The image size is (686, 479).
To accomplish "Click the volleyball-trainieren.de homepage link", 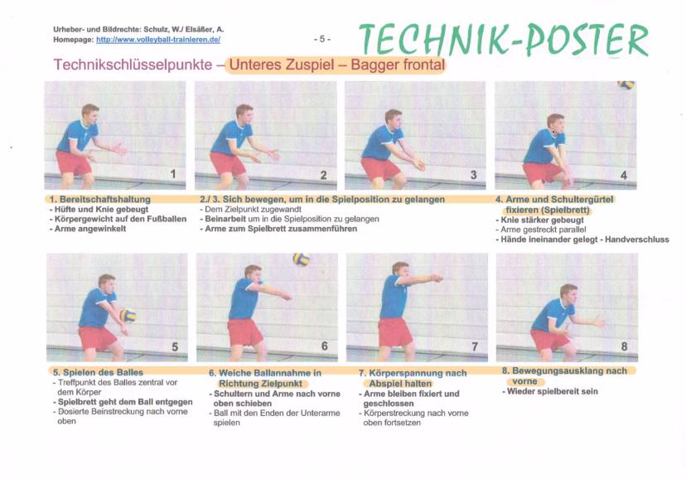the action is [x=158, y=40].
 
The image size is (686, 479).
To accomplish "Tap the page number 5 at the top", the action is [x=322, y=40].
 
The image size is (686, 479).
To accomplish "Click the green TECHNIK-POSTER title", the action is [x=503, y=40].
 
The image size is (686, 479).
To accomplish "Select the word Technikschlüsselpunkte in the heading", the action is [x=133, y=65].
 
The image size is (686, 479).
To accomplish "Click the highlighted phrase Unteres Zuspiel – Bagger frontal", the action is [x=337, y=65].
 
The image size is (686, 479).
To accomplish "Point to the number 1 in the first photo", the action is [x=173, y=174].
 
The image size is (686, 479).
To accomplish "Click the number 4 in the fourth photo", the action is [x=624, y=176].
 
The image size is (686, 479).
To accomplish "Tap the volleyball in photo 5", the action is [x=128, y=315].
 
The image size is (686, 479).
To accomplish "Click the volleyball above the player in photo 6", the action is [x=301, y=259].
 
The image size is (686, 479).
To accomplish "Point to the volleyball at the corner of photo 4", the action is [x=626, y=85].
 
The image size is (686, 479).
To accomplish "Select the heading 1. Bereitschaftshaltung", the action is [x=99, y=200].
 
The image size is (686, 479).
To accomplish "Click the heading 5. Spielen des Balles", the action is [x=99, y=373].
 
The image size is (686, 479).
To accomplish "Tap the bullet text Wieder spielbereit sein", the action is [x=552, y=391].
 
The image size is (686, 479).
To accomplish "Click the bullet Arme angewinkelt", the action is [x=90, y=229].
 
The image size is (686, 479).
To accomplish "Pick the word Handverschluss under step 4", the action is [x=637, y=239].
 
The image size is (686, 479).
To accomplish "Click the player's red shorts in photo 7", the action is [x=395, y=331].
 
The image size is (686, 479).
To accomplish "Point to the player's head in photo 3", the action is [x=394, y=119].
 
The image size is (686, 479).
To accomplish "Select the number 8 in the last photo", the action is [x=625, y=346].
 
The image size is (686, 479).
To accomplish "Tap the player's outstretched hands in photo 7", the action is [x=436, y=278].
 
